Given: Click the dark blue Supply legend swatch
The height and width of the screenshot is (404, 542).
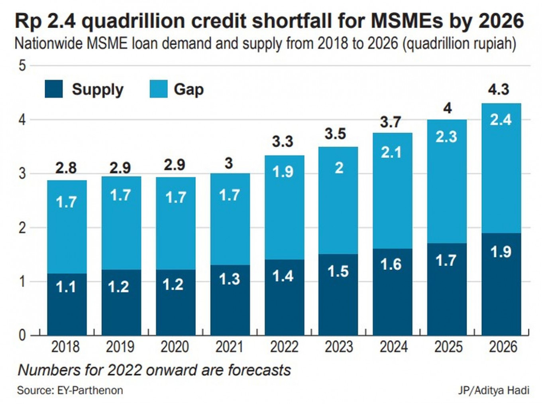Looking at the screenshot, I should click(54, 89).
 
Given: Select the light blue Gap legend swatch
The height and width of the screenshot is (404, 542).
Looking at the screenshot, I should click(158, 89).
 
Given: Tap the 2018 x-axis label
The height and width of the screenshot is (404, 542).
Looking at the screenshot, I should click(65, 347).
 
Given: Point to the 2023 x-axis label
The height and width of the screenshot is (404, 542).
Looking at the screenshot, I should click(339, 347).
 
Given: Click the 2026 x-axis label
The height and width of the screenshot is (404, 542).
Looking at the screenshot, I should click(503, 347).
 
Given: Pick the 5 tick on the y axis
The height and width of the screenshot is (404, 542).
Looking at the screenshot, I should click(22, 65).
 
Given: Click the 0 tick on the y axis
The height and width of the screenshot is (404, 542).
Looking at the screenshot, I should click(22, 335).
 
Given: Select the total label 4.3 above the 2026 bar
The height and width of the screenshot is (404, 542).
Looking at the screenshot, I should click(499, 89).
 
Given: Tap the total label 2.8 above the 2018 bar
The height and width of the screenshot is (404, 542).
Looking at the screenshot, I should click(66, 168).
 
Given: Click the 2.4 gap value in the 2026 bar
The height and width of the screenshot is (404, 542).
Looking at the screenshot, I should click(501, 119).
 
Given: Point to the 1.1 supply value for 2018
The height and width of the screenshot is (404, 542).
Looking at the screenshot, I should click(66, 287).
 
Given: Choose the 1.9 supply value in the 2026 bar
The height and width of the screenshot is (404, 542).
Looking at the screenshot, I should click(501, 252).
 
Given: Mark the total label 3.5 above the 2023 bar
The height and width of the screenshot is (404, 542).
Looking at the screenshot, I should click(335, 134).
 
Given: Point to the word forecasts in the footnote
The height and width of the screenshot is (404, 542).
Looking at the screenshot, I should click(259, 370).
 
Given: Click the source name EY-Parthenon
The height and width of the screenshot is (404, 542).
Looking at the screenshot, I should click(90, 390).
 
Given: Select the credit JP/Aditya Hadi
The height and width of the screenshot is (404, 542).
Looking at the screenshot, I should click(493, 390).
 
